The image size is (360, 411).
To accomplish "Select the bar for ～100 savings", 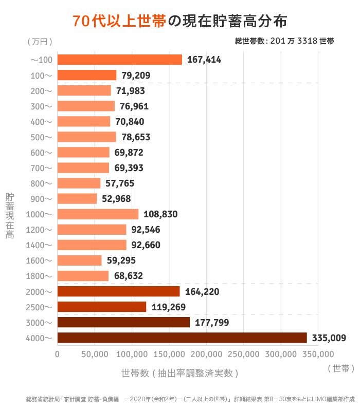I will tap(119, 60).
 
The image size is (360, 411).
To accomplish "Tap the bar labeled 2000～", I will tap(118, 291).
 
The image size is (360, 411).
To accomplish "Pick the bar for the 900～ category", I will tap(77, 199).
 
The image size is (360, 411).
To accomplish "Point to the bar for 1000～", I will tap(98, 214).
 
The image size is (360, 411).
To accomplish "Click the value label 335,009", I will tap(329, 338).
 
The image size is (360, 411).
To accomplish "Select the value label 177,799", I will tap(212, 323).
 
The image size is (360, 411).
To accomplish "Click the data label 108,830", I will tap(160, 214).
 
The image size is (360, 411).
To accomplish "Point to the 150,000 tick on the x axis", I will tap(169, 354).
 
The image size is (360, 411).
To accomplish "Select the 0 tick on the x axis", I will tap(57, 354).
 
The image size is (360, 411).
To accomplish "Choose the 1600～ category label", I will tap(41, 260).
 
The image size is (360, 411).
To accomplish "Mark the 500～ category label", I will tap(43, 137).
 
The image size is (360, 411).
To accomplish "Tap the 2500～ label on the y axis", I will tap(41, 307).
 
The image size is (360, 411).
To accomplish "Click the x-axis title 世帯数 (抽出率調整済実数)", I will tap(179, 372).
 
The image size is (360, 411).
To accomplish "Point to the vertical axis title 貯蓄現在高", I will tap(9, 216).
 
